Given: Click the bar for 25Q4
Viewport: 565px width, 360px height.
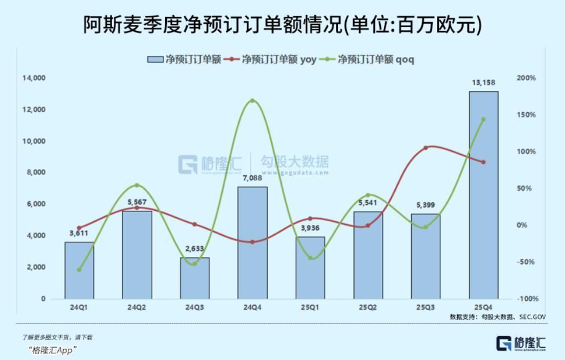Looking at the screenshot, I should click(483, 195).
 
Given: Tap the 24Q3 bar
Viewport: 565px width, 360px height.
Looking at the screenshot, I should click(194, 278).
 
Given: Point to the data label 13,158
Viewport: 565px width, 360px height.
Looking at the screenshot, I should click(483, 83).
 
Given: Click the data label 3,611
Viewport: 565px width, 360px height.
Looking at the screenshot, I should click(79, 234).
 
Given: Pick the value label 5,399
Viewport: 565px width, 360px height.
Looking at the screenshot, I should click(426, 205).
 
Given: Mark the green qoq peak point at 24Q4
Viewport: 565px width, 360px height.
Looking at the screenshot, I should click(252, 101).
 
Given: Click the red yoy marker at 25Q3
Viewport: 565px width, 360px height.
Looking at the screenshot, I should click(426, 147).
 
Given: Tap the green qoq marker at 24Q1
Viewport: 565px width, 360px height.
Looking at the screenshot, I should click(79, 269).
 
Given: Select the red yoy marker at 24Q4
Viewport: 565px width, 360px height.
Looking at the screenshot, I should click(252, 242).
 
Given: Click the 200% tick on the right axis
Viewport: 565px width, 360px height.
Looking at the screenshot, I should click(526, 78).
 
